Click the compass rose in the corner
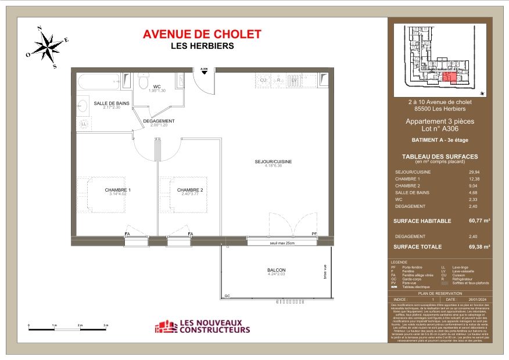tap(47, 47)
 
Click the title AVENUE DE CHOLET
tap(202, 35)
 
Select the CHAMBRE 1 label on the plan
tap(117, 190)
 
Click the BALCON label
tap(277, 270)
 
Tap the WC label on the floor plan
tap(156, 87)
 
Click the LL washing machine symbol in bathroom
tap(84, 124)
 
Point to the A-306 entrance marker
tap(204, 70)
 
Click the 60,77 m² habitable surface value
tap(478, 221)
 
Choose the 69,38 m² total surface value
tap(478, 246)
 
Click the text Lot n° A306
tap(440, 129)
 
